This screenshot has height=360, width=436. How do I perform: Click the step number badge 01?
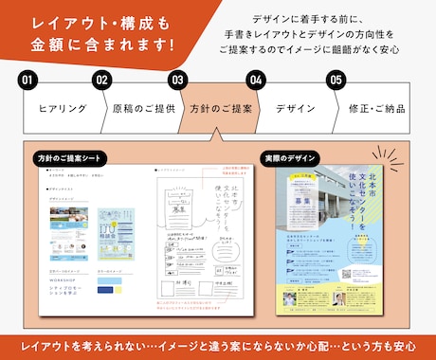pyautogui.click(x=28, y=81)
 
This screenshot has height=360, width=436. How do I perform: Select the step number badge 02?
pyautogui.click(x=102, y=81)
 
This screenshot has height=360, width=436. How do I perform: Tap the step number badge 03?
pyautogui.click(x=176, y=81)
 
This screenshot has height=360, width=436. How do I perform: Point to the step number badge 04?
pyautogui.click(x=254, y=81)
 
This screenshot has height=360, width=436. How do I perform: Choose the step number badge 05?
pyautogui.click(x=335, y=81)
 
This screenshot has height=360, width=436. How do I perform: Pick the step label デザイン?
pyautogui.click(x=295, y=108)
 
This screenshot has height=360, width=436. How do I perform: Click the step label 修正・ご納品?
pyautogui.click(x=375, y=108)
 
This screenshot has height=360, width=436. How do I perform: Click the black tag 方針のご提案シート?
pyautogui.click(x=70, y=156)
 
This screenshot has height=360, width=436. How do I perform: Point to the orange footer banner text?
pyautogui.click(x=218, y=344)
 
